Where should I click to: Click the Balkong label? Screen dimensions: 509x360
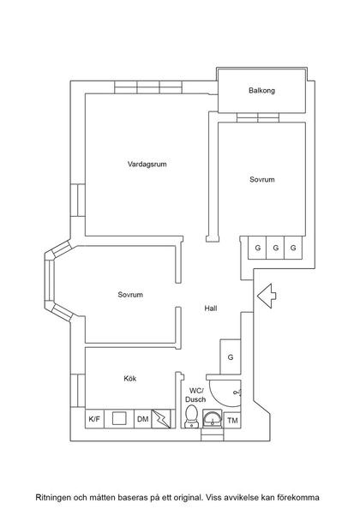click(261, 91)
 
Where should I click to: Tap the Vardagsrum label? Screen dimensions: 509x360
click(147, 164)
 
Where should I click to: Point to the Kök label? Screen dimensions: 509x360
click(130, 378)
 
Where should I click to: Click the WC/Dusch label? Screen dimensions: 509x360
click(196, 394)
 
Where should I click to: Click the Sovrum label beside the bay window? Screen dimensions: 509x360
click(130, 295)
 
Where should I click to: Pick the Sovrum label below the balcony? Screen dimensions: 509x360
click(262, 180)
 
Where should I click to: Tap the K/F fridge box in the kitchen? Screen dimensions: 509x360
click(94, 419)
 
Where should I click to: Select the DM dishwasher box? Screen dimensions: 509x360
click(141, 419)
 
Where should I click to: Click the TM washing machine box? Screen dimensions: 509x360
click(232, 420)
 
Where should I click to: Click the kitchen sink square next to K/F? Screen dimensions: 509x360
click(119, 419)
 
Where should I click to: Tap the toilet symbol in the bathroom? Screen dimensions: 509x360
click(191, 417)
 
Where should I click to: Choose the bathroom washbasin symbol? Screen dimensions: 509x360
click(212, 420)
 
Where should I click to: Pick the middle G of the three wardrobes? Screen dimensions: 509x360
click(275, 248)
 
